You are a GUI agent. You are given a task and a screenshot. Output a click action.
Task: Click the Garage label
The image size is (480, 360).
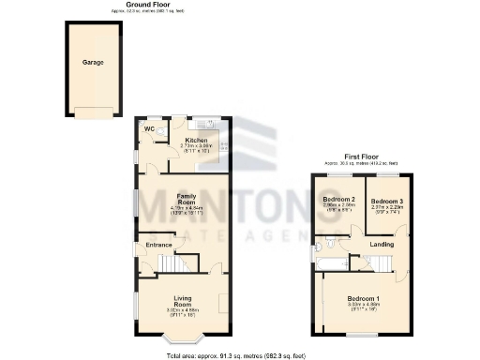[92, 62]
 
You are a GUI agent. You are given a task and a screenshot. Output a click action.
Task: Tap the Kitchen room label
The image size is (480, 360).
[197, 141]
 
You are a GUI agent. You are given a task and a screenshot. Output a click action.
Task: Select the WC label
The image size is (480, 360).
[148, 128]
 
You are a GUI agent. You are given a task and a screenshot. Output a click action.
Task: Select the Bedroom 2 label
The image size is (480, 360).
[338, 200]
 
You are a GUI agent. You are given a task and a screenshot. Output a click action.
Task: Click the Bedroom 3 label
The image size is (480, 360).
[385, 201]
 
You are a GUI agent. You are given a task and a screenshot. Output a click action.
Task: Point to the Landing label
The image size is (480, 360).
[381, 246]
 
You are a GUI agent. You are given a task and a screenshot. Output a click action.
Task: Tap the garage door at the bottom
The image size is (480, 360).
[92, 114]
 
